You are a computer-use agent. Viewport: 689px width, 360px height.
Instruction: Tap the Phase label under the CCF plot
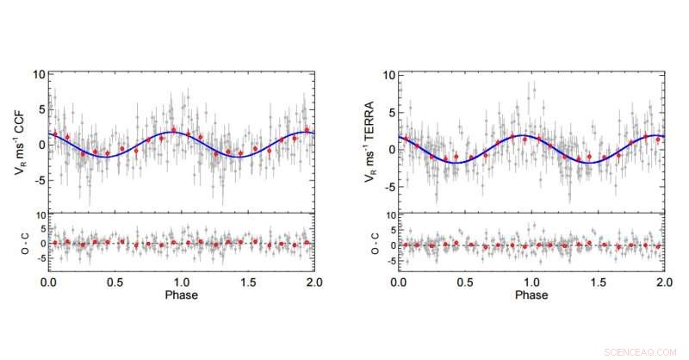(181, 295)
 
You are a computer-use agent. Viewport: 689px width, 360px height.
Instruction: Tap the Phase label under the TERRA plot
(531, 295)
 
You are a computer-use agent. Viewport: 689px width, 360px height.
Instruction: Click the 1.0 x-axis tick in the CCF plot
(182, 282)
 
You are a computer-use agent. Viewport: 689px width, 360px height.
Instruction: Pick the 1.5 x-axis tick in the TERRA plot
(598, 282)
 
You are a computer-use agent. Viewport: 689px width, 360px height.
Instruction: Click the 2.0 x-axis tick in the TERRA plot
(663, 282)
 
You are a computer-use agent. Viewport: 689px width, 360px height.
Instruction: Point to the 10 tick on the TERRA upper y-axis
(388, 75)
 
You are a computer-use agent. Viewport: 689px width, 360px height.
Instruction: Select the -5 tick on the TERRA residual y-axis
(389, 258)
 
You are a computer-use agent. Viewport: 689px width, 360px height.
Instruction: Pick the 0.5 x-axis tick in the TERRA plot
(466, 282)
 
